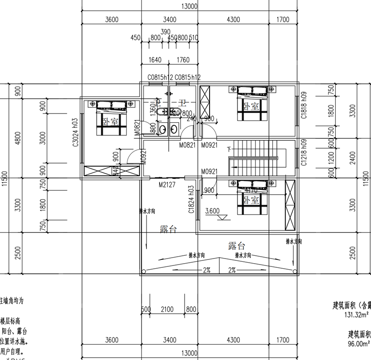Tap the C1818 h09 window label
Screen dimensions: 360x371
(304, 108)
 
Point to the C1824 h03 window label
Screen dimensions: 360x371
(191, 200)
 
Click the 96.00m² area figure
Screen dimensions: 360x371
(358, 344)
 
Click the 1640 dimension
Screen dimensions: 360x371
(155, 59)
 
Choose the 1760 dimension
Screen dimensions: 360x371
(184, 59)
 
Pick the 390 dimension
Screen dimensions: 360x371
(165, 32)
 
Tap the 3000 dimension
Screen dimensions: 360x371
(43, 137)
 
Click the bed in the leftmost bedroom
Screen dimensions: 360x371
(111, 118)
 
